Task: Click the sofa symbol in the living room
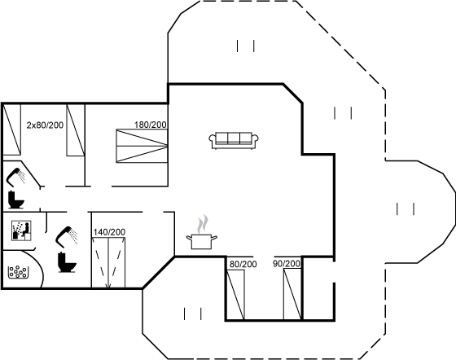[234, 141]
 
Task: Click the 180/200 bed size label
[151, 125]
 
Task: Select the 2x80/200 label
[45, 125]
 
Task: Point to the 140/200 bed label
[109, 232]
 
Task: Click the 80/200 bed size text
[243, 264]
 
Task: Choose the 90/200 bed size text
[287, 264]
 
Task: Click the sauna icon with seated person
[21, 230]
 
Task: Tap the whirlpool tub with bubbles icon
[18, 272]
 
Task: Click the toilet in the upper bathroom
[15, 200]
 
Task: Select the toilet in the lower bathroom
[67, 262]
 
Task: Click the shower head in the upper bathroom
[16, 177]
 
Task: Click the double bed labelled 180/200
[142, 146]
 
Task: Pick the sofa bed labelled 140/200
[108, 262]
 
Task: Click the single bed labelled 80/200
[235, 294]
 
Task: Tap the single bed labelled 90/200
[292, 294]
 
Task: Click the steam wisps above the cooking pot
[203, 224]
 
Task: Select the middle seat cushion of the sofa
[234, 138]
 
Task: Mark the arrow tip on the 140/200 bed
[108, 288]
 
